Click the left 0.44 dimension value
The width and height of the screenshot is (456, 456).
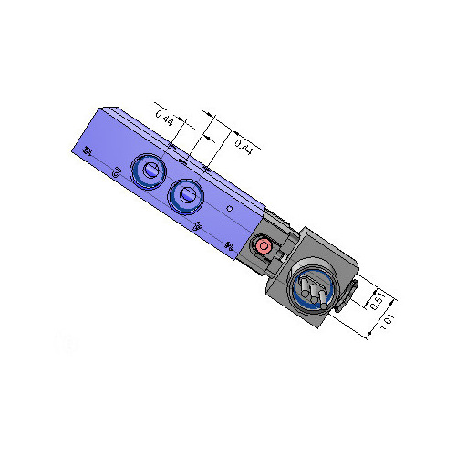[x=165, y=117]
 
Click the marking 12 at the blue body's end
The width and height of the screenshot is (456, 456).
[x=87, y=151]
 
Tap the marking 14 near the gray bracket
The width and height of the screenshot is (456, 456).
[x=230, y=244]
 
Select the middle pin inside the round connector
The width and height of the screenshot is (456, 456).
[x=311, y=293]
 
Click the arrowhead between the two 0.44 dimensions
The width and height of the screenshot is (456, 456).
[x=204, y=137]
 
